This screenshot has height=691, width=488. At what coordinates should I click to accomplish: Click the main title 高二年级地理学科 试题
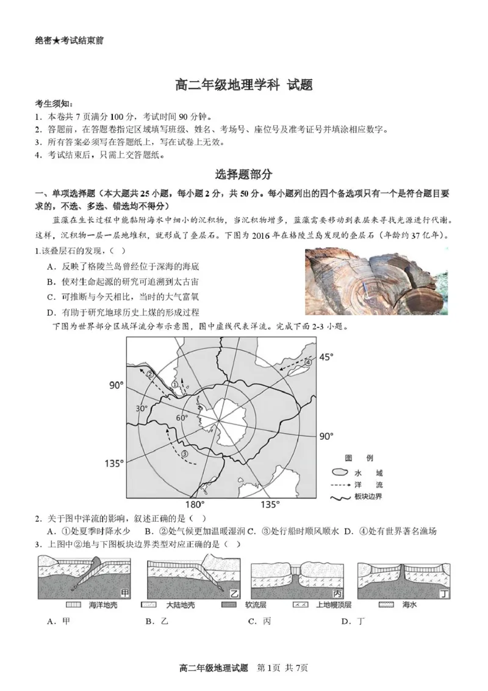pyautogui.click(x=243, y=85)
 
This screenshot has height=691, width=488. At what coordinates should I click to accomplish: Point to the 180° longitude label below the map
pyautogui.click(x=194, y=505)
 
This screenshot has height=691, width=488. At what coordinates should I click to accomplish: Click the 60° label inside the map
pyautogui.click(x=182, y=418)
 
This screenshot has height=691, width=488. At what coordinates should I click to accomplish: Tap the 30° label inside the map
pyautogui.click(x=142, y=409)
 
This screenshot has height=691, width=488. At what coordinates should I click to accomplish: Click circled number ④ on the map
pyautogui.click(x=308, y=362)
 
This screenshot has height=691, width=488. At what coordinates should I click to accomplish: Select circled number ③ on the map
pyautogui.click(x=184, y=453)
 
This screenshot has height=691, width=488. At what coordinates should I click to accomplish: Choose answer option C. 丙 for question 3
pyautogui.click(x=259, y=621)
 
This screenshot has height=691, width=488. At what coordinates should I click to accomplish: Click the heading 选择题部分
pyautogui.click(x=243, y=174)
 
